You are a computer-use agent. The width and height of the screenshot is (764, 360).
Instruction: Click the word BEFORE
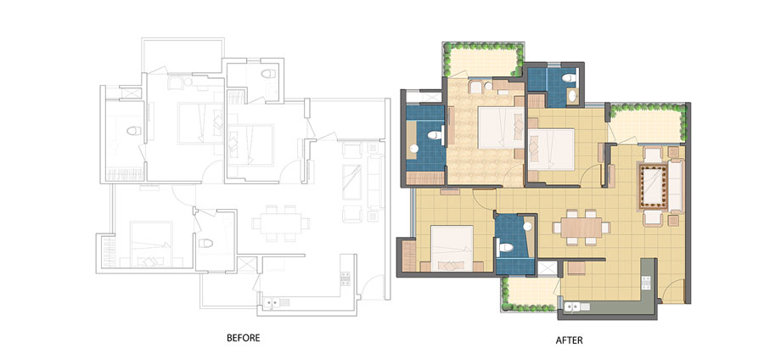coord(243,338)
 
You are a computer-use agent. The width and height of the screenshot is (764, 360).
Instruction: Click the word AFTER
coord(569,340)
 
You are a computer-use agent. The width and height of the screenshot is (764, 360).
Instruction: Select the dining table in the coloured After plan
coord(581,228)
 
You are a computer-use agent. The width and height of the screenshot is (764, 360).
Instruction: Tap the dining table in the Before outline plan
coord(280,223)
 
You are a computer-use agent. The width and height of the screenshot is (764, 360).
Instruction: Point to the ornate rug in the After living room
coord(654,187)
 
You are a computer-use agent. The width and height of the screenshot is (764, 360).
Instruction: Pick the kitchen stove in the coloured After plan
coord(646,282)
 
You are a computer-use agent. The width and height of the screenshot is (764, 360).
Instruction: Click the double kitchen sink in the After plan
coord(576,307)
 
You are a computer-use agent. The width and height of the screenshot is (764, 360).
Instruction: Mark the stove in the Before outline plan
coord(345,278)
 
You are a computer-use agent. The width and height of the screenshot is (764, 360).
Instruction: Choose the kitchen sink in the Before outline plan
coord(275,302)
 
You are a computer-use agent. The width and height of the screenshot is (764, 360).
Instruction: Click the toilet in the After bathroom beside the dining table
coord(505,247)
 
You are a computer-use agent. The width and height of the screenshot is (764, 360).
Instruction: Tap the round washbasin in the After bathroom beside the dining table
coord(526,226)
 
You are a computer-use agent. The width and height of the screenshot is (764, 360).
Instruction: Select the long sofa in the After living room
coord(676,186)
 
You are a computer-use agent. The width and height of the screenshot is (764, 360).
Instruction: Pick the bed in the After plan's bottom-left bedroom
coord(452,248)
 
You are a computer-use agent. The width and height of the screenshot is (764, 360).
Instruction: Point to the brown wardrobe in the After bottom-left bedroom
coord(408,256)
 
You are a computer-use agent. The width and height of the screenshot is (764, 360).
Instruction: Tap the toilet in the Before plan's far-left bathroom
coord(133,131)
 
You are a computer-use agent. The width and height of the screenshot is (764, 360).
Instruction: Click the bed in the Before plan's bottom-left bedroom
coord(151,244)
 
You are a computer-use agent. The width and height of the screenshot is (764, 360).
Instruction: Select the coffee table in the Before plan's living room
coord(351,183)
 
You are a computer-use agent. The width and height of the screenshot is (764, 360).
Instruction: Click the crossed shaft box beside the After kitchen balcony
coord(547,269)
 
